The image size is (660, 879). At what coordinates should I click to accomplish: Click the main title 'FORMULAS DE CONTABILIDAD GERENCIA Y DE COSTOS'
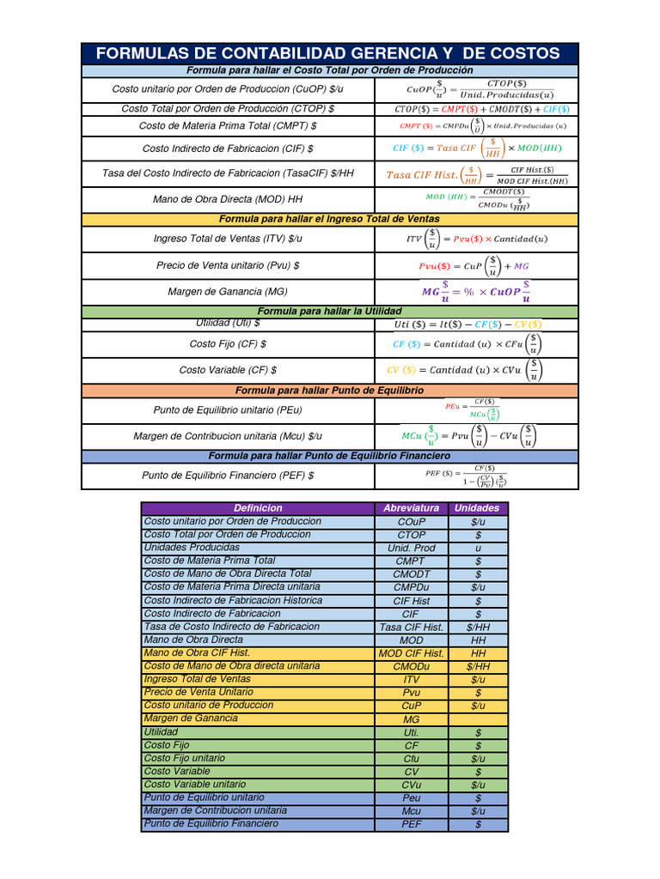point(328,53)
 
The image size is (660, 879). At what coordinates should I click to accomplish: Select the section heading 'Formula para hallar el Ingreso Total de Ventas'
point(329,219)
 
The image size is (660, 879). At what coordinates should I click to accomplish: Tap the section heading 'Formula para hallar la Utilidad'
point(329,311)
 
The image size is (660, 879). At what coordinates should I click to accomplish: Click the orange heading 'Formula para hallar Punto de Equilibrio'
point(329,390)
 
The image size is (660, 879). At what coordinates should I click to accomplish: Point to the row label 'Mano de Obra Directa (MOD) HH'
point(228,199)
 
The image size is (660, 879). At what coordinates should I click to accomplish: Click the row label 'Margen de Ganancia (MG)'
point(228,292)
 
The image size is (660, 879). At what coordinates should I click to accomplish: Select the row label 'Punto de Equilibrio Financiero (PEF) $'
point(228,475)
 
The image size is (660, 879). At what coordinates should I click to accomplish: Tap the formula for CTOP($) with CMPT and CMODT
point(481,110)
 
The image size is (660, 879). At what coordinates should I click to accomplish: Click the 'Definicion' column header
point(258,508)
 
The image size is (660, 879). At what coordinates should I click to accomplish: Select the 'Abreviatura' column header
point(411,508)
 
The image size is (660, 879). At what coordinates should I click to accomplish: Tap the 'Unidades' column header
point(477,508)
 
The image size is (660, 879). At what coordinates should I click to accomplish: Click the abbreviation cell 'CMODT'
point(411,574)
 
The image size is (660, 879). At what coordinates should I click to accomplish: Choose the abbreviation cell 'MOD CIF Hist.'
point(411,653)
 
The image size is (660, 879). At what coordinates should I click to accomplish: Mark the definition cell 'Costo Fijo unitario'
point(185,758)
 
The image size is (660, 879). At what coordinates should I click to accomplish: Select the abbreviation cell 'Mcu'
point(411,811)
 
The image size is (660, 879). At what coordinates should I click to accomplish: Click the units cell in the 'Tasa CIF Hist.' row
point(477,627)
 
